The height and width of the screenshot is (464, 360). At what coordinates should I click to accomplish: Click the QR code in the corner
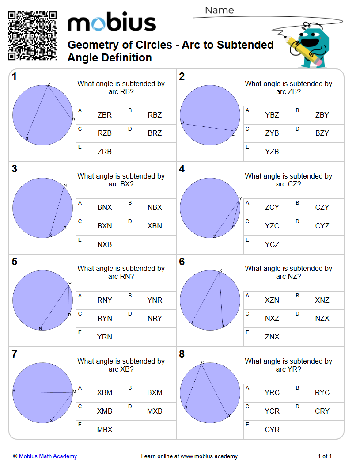tap(32, 36)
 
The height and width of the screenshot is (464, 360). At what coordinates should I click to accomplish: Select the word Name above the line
tap(220, 10)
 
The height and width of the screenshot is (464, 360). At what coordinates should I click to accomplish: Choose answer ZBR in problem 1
tap(105, 115)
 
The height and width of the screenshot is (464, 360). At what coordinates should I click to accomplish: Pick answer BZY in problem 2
tap(322, 133)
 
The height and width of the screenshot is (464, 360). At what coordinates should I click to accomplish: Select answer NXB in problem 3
tap(105, 244)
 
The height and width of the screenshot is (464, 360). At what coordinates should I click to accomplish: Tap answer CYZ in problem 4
tap(322, 226)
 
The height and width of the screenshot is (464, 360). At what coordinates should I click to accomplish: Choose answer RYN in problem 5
tap(105, 318)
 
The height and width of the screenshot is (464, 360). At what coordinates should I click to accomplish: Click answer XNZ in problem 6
tap(322, 300)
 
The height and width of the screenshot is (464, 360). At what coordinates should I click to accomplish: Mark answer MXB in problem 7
tap(155, 411)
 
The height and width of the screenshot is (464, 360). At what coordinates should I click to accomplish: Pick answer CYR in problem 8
tap(272, 430)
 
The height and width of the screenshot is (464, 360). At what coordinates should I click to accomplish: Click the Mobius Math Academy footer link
tap(48, 456)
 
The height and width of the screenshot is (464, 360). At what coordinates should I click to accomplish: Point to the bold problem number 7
tap(15, 354)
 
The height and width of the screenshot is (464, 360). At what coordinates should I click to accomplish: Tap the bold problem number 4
tap(182, 169)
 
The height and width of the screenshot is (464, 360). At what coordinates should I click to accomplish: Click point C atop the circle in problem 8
tap(203, 363)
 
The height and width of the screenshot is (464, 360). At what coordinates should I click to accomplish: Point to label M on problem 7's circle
tap(74, 392)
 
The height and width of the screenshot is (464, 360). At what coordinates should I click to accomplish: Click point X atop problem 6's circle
tap(220, 270)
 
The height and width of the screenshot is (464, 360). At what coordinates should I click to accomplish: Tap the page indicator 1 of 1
tap(325, 456)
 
